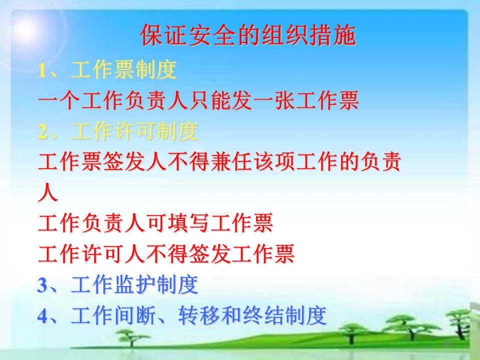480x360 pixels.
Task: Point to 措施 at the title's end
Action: pyautogui.click(x=333, y=35)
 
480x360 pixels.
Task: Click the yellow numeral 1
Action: pyautogui.click(x=43, y=70)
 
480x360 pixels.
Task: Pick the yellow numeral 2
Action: pyautogui.click(x=43, y=132)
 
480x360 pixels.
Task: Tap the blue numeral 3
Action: pyautogui.click(x=42, y=285)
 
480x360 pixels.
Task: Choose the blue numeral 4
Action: pyautogui.click(x=42, y=316)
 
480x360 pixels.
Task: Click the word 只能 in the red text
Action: pyautogui.click(x=210, y=100)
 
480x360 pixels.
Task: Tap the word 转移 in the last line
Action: pyautogui.click(x=199, y=315)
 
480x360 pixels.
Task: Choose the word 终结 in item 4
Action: pyautogui.click(x=263, y=315)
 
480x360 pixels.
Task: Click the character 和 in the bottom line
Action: pyautogui.click(x=231, y=315)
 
